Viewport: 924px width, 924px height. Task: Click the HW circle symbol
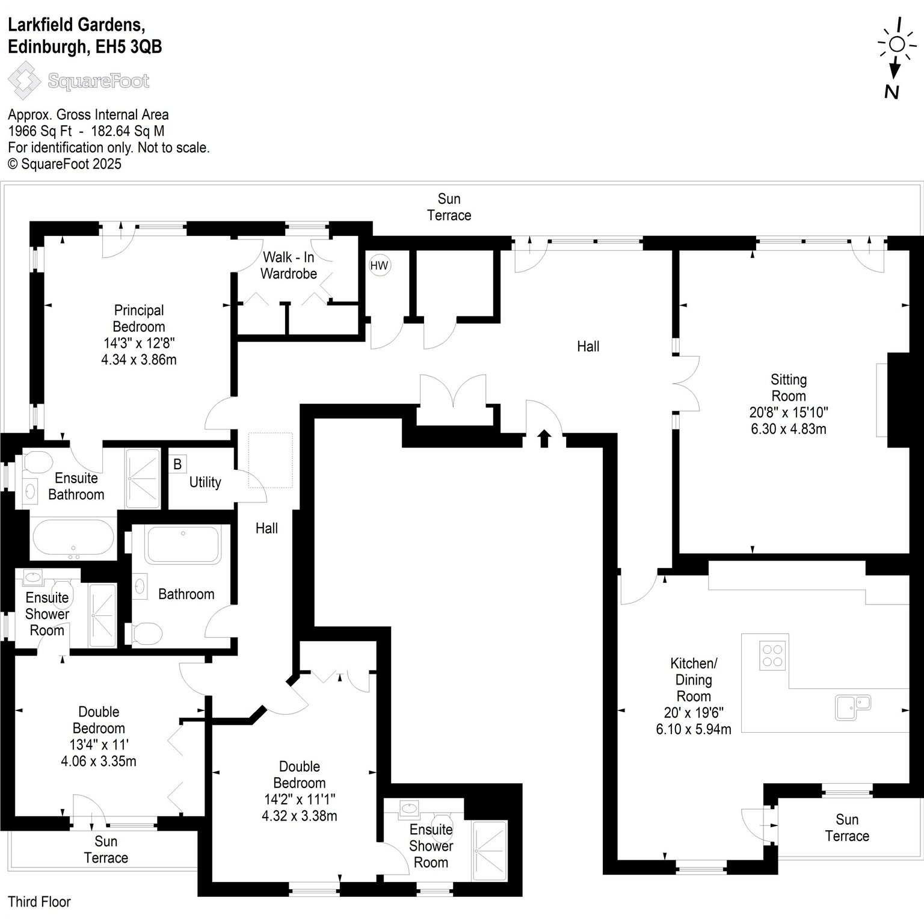pyautogui.click(x=380, y=265)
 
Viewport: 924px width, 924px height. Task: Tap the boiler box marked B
pyautogui.click(x=177, y=464)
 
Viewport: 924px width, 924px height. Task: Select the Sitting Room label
pyautogui.click(x=789, y=388)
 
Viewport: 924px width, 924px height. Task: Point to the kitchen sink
pyautogui.click(x=853, y=707)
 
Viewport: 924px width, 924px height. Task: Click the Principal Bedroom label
pyautogui.click(x=139, y=318)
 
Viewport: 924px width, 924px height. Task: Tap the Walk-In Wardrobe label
pyautogui.click(x=289, y=265)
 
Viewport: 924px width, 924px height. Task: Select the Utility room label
pyautogui.click(x=205, y=482)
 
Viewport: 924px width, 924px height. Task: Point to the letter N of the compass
pyautogui.click(x=892, y=91)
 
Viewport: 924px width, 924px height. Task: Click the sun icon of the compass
pyautogui.click(x=896, y=44)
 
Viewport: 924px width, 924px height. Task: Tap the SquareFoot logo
pyautogui.click(x=79, y=81)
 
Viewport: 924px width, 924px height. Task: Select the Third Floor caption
pyautogui.click(x=39, y=902)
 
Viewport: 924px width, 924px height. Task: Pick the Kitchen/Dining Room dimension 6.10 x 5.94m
pyautogui.click(x=694, y=730)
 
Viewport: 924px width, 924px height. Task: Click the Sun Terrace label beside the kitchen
pyautogui.click(x=847, y=828)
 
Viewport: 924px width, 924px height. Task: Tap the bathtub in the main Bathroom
pyautogui.click(x=182, y=545)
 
